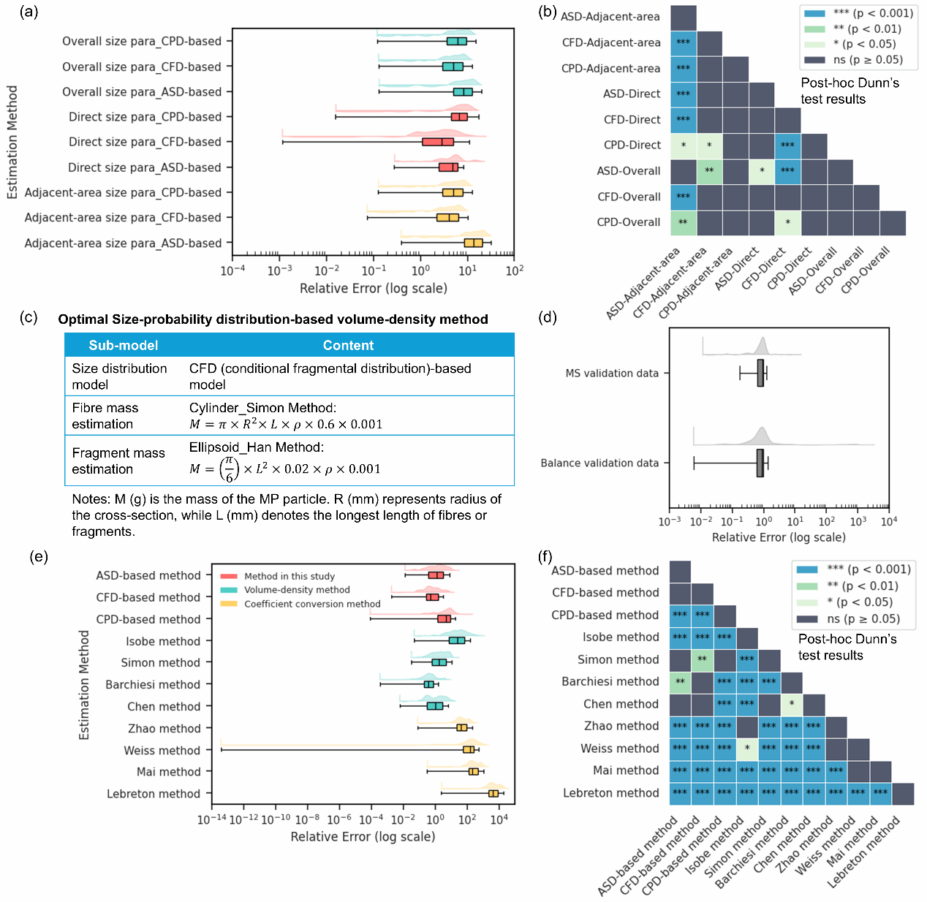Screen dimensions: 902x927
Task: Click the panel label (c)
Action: coord(29,317)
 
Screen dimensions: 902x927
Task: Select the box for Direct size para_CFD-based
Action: coord(438,142)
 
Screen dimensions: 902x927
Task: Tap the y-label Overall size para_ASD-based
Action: coord(142,92)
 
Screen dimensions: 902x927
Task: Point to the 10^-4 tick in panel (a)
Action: coord(232,270)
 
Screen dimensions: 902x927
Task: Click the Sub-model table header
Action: coord(124,346)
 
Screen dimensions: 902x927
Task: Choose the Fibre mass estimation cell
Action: coord(105,416)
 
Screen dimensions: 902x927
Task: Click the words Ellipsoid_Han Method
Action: coord(256,447)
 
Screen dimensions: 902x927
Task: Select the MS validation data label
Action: coord(612,374)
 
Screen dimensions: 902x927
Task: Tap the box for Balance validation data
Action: coord(760,463)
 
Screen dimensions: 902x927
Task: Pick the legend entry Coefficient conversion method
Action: coord(311,604)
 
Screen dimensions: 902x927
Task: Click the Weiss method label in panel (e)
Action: coord(162,751)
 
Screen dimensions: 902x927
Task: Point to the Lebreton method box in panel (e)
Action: coord(493,793)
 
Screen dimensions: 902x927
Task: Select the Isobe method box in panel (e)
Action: coord(457,640)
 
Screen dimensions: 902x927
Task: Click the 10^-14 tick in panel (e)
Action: coord(212,820)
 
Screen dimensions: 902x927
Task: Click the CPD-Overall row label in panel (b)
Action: coord(629,222)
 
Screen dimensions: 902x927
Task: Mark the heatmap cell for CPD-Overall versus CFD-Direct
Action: coord(787,222)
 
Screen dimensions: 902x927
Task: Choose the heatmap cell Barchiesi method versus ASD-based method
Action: coord(680,681)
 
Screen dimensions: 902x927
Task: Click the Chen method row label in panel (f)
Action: coord(621,704)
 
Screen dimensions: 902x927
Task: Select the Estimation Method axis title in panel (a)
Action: coord(12,143)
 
